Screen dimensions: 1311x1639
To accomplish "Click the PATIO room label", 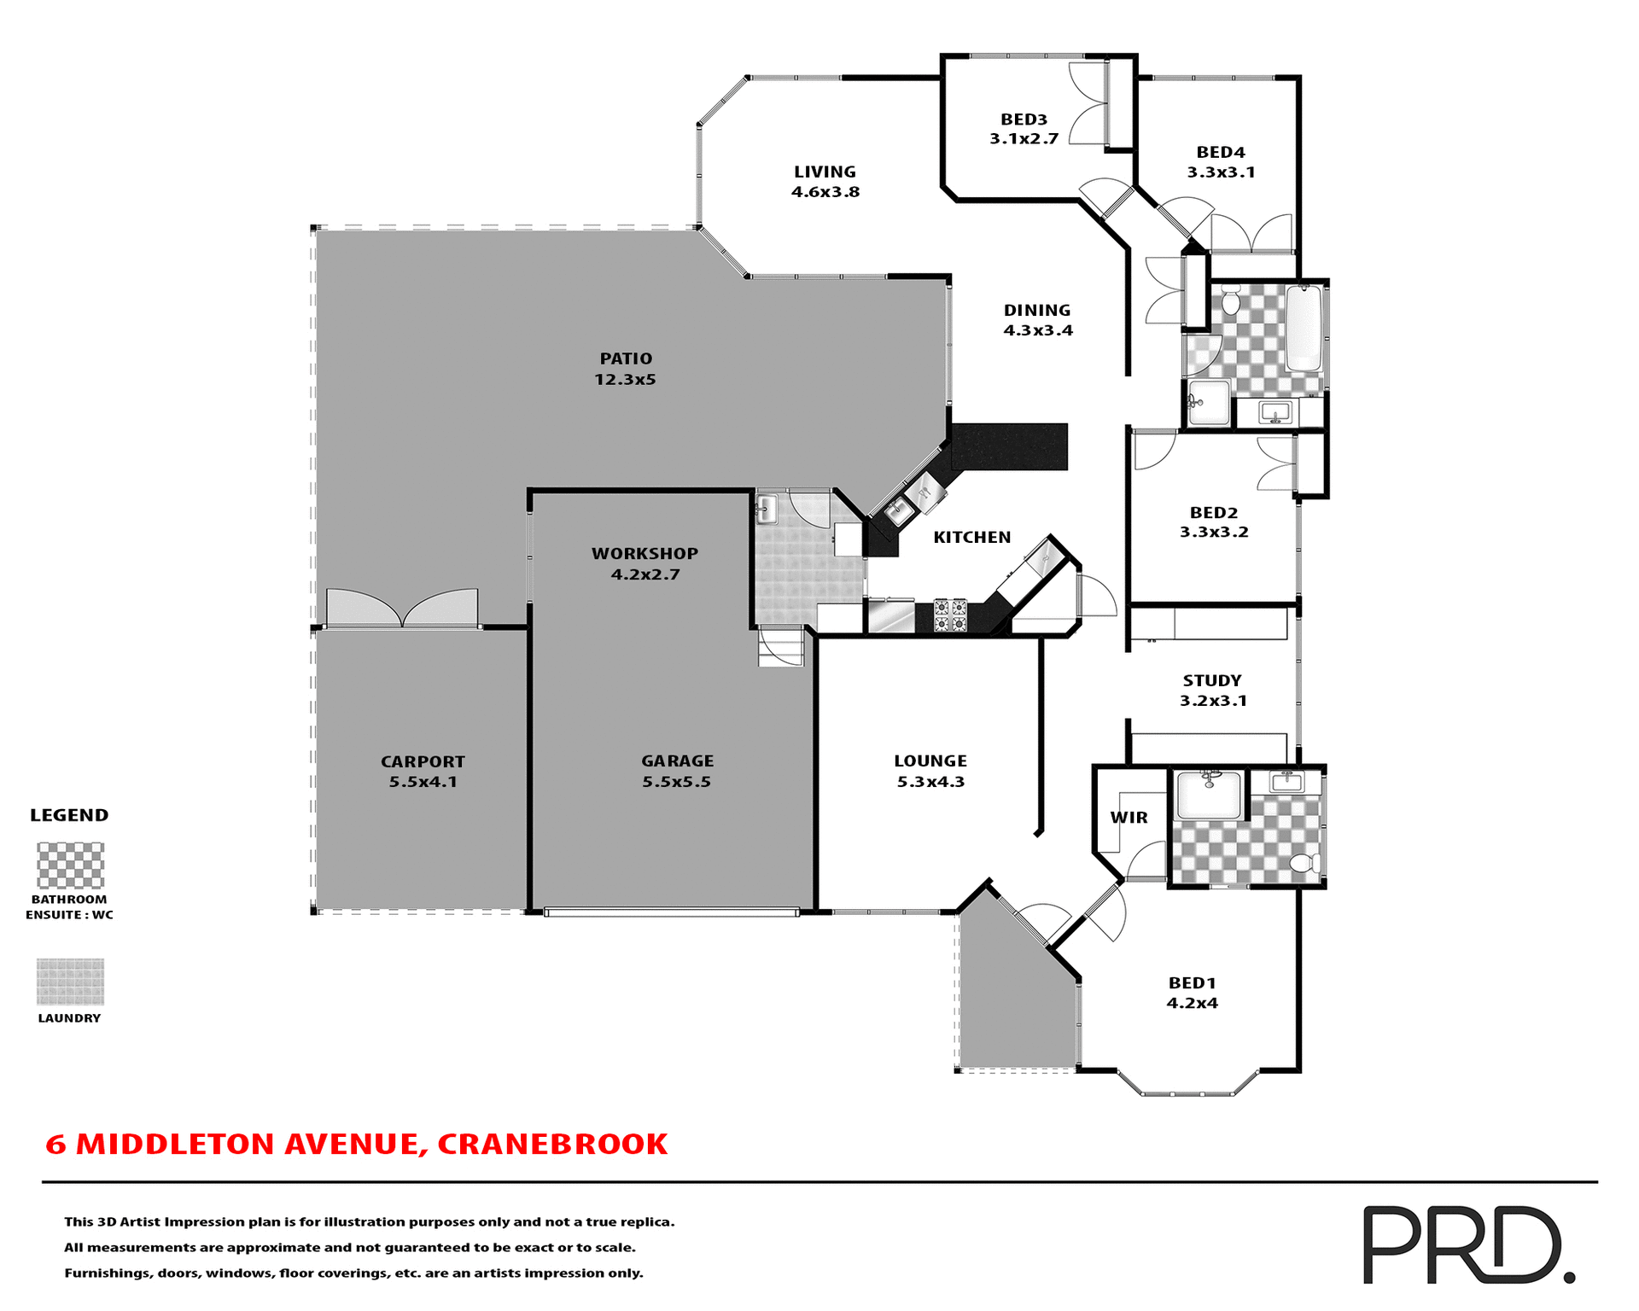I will pyautogui.click(x=626, y=359).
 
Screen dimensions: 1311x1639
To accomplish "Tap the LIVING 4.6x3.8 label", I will pyautogui.click(x=825, y=182).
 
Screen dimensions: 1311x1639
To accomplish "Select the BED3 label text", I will pyautogui.click(x=1024, y=119).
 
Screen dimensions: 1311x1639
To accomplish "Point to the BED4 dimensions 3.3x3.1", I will pyautogui.click(x=1221, y=172).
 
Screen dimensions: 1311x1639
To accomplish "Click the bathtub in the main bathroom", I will pyautogui.click(x=1303, y=329).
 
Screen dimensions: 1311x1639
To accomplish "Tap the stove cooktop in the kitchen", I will pyautogui.click(x=950, y=615).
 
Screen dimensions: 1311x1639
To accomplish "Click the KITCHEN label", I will pyautogui.click(x=971, y=538).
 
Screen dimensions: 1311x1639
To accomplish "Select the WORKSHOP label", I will pyautogui.click(x=645, y=554).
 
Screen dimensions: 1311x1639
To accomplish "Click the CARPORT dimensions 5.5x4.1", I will pyautogui.click(x=423, y=782).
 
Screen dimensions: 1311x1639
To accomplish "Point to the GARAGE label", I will pyautogui.click(x=677, y=760).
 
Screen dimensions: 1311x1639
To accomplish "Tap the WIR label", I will pyautogui.click(x=1129, y=818).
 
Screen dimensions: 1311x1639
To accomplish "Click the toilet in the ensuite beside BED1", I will pyautogui.click(x=1304, y=864).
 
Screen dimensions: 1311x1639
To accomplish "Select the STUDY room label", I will pyautogui.click(x=1212, y=681).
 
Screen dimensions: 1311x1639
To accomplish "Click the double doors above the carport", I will pyautogui.click(x=402, y=608).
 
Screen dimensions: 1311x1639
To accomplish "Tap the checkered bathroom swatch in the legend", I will pyautogui.click(x=70, y=865).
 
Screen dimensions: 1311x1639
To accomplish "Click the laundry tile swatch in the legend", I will pyautogui.click(x=70, y=981).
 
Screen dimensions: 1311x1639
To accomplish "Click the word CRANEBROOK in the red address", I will pyautogui.click(x=552, y=1145).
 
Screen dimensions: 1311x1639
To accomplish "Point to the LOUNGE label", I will pyautogui.click(x=930, y=761).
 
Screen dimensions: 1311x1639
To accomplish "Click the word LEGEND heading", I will pyautogui.click(x=69, y=815).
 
